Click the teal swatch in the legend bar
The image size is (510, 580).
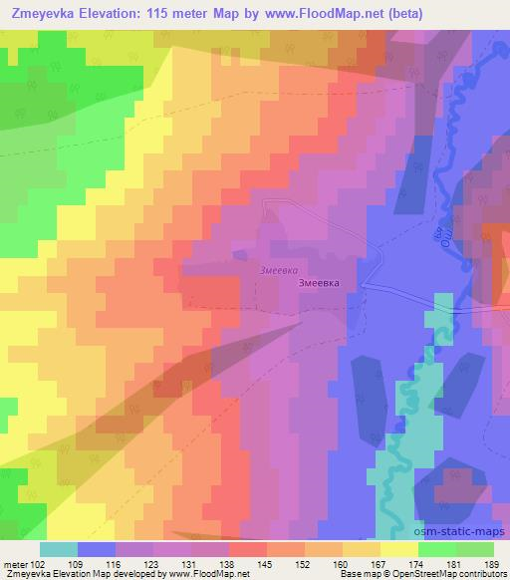click(x=59, y=549)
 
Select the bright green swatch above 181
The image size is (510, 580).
click(x=437, y=549)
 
